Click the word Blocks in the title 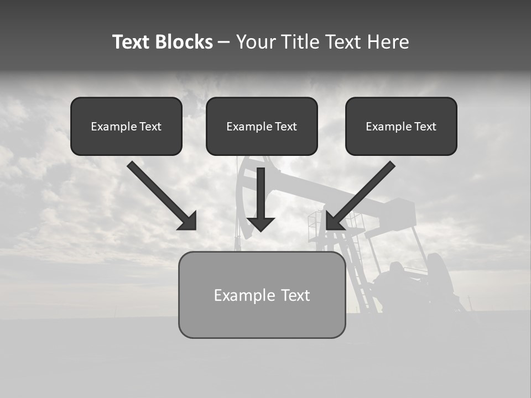[185, 42]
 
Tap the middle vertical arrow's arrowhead [261, 223]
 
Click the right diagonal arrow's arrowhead [334, 222]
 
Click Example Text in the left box [126, 127]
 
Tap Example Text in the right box [401, 127]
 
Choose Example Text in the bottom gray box [262, 295]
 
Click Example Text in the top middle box [262, 127]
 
